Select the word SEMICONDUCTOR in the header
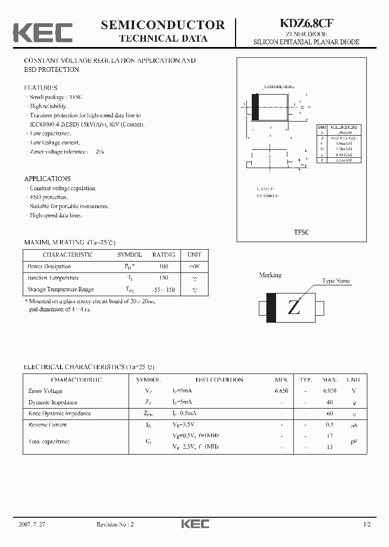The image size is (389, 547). (163, 25)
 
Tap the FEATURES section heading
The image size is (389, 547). (41, 88)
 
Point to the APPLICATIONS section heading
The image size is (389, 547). (47, 178)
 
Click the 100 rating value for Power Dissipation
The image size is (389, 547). (164, 266)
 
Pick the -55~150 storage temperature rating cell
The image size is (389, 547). (163, 290)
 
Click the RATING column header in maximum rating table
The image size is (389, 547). (163, 255)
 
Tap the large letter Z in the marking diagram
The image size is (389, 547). (293, 308)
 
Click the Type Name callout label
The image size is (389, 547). (336, 281)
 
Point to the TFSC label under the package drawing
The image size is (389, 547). (301, 232)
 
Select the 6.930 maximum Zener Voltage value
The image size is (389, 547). (330, 391)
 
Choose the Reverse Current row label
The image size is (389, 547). (48, 425)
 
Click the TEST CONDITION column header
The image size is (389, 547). (219, 379)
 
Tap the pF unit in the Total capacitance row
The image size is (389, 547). (354, 442)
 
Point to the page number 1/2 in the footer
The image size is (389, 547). (367, 524)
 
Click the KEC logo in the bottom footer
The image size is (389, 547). (194, 524)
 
